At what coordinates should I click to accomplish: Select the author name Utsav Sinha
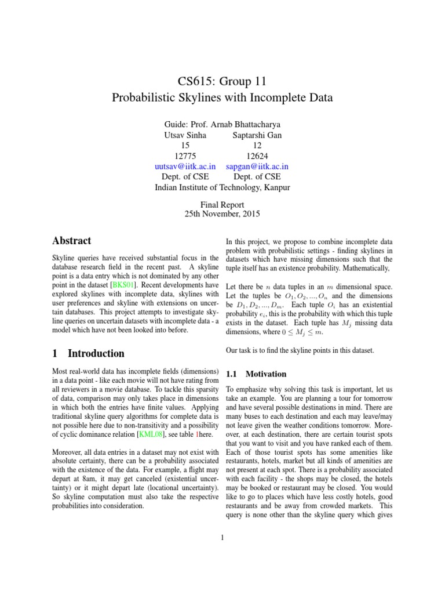[185, 135]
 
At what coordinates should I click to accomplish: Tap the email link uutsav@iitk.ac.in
[185, 166]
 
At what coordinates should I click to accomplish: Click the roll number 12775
[185, 155]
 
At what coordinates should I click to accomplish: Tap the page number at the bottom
[222, 538]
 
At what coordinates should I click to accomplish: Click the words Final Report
[222, 204]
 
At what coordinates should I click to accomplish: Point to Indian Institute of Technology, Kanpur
[222, 187]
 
